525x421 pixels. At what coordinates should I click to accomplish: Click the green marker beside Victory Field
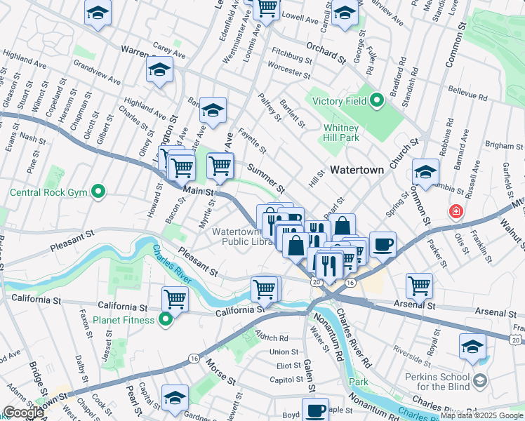[x=376, y=101]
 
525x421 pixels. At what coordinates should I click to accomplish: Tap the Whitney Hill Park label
[x=341, y=133]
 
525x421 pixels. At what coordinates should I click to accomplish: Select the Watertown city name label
[x=357, y=170]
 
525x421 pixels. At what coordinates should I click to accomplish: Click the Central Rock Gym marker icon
[x=99, y=191]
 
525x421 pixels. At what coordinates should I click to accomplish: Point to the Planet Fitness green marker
[x=166, y=321]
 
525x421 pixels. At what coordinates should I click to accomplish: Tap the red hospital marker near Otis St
[x=456, y=210]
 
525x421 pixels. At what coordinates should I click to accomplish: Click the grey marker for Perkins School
[x=480, y=380]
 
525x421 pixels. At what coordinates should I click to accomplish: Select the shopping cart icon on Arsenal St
[x=419, y=285]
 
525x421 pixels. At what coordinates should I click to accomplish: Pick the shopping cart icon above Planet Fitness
[x=175, y=298]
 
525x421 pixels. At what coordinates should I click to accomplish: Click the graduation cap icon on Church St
[x=425, y=171]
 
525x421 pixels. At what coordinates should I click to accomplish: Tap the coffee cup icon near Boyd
[x=315, y=409]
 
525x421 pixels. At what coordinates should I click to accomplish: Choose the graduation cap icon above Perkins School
[x=472, y=346]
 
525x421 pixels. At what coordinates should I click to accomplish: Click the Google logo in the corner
[x=23, y=413]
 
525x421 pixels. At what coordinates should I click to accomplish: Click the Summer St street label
[x=266, y=178]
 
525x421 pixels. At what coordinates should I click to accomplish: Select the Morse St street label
[x=220, y=370]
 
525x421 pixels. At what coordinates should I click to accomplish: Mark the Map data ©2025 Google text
[x=481, y=415]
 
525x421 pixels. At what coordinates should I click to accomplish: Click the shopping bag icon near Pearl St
[x=342, y=227]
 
